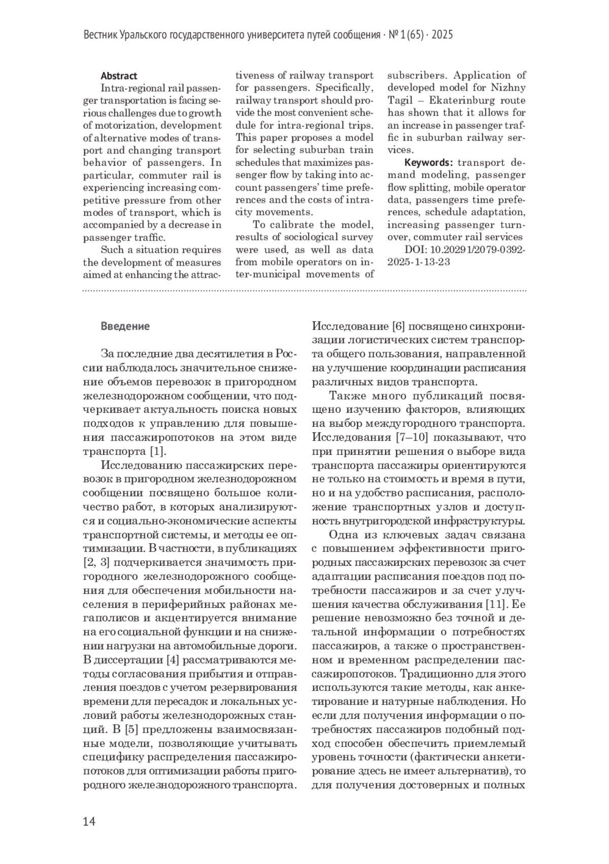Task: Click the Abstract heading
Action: (119, 76)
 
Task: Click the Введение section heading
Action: (125, 326)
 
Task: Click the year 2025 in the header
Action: (442, 35)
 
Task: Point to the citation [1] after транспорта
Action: (158, 451)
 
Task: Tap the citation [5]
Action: (131, 730)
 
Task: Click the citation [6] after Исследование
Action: (398, 326)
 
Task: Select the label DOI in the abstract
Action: (415, 250)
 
